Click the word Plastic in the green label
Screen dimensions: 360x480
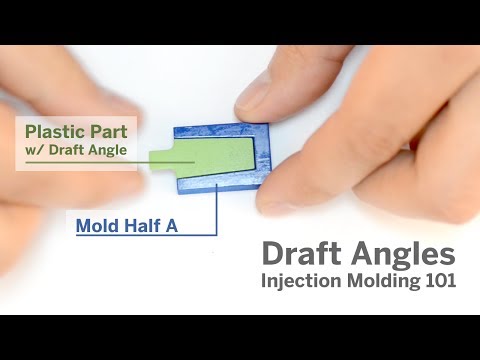[x=52, y=131]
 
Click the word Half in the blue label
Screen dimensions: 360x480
[x=142, y=226]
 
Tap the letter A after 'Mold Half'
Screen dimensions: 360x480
[x=172, y=226]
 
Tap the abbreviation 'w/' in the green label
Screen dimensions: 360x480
[x=33, y=150]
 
